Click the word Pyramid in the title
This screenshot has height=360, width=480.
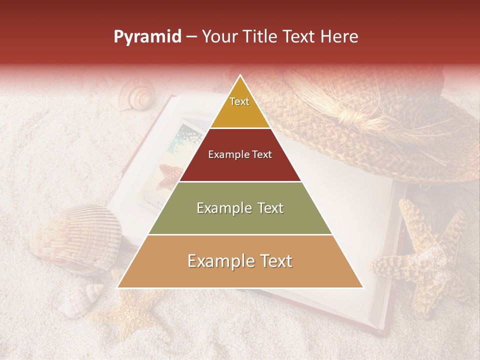(x=147, y=37)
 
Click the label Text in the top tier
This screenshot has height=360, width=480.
(x=239, y=101)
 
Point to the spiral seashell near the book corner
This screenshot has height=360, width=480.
(x=136, y=96)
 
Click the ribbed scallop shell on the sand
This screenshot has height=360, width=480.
(x=75, y=235)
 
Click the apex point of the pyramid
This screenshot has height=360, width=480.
(x=240, y=76)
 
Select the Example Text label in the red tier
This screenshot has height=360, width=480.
(x=240, y=154)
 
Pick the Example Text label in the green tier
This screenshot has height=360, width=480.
(x=240, y=208)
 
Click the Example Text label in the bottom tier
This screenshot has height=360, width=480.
(x=240, y=261)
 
